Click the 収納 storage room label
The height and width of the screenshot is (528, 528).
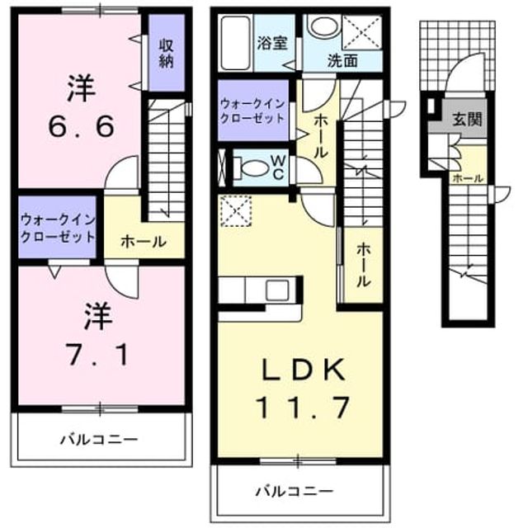(x=166, y=53)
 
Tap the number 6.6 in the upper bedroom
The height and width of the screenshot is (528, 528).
(x=81, y=126)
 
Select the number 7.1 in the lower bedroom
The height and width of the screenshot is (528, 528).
(x=97, y=354)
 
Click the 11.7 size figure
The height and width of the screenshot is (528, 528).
(x=303, y=407)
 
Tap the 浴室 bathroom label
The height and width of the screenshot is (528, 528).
(x=272, y=43)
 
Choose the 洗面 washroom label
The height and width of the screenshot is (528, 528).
(x=343, y=61)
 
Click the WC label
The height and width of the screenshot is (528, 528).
(x=279, y=168)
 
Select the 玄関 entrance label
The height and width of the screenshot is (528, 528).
(x=467, y=119)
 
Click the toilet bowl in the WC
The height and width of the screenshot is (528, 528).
(x=251, y=168)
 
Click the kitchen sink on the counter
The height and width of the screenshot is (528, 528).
(x=277, y=290)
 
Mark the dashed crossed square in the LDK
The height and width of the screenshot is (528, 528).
(x=236, y=210)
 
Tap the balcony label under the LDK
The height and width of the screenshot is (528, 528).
(x=295, y=492)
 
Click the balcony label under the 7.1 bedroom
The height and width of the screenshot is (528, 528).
(x=99, y=440)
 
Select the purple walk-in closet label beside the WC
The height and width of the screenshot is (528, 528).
(x=252, y=111)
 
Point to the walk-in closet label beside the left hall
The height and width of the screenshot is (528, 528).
(x=58, y=229)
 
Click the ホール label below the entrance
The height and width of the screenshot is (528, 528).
(x=468, y=178)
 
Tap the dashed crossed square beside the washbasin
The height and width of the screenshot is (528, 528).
(x=362, y=32)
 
